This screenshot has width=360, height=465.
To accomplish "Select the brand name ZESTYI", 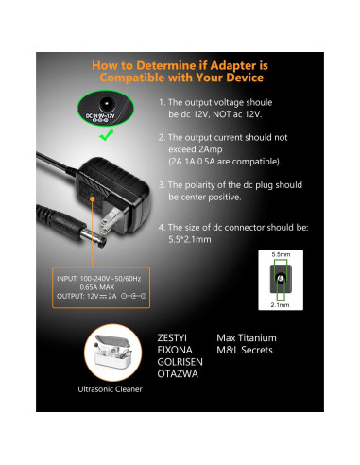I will [175, 337].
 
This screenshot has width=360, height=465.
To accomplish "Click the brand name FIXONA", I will [175, 351].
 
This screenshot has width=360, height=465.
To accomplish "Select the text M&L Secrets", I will [246, 351].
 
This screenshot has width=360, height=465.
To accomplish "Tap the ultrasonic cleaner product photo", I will [104, 355].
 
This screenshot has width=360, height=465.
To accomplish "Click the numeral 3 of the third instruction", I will [162, 186].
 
